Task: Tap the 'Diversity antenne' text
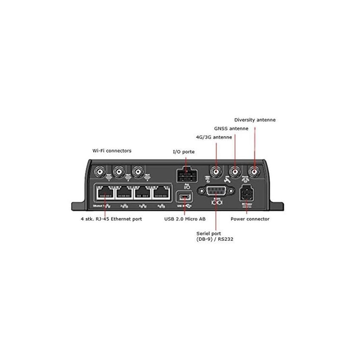pos(255,120)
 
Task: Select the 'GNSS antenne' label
pos(231,129)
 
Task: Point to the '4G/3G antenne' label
pos(213,137)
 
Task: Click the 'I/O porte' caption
pos(184,152)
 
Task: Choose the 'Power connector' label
pos(250,219)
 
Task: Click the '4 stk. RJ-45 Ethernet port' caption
pos(111,219)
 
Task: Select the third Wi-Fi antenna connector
pos(137,172)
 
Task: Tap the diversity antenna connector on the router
pos(255,172)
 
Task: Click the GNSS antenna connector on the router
pos(235,172)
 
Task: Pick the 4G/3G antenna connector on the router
pos(216,172)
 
